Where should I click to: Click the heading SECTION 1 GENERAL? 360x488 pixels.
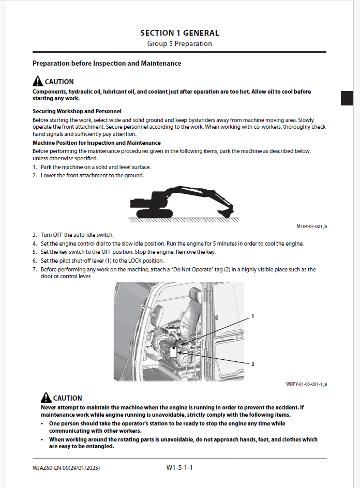(179, 33)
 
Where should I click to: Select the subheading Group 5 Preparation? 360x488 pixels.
(179, 44)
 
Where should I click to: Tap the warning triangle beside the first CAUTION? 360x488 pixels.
(38, 81)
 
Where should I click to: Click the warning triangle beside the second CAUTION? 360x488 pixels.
(46, 398)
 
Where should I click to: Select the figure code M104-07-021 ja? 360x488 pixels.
(311, 226)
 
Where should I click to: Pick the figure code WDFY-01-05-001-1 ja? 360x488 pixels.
(306, 384)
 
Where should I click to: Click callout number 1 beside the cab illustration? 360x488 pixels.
(252, 316)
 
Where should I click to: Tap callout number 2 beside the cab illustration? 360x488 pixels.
(252, 364)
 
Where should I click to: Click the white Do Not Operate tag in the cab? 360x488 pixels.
(173, 352)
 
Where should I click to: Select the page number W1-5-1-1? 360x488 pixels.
(179, 468)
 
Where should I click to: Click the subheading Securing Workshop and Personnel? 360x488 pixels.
(77, 111)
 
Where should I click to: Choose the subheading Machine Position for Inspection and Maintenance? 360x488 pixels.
(97, 143)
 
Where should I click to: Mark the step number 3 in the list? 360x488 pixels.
(35, 235)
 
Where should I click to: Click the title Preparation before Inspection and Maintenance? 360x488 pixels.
(107, 64)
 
